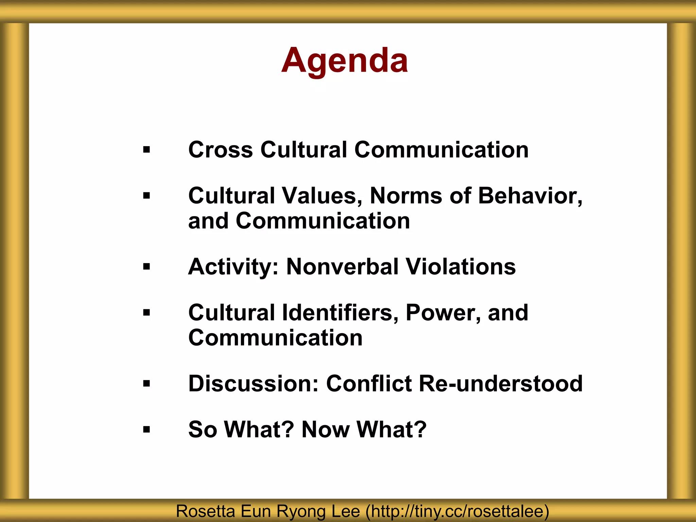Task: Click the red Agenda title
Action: [345, 60]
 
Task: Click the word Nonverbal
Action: [342, 266]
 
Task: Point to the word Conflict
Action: [369, 384]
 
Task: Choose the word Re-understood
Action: [501, 384]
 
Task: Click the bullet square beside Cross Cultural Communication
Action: [146, 150]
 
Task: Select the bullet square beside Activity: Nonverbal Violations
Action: [146, 267]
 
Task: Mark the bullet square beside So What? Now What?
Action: [146, 430]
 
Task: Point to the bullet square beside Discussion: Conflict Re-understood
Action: [146, 384]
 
